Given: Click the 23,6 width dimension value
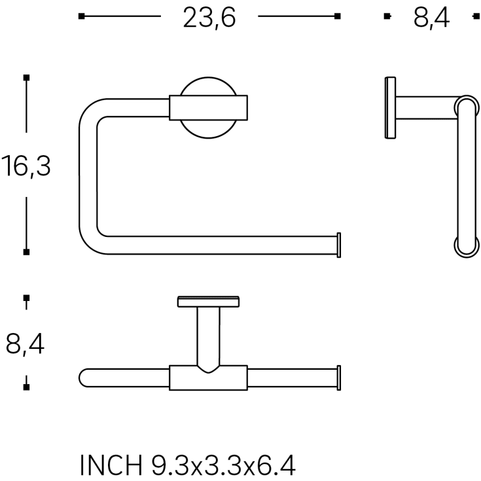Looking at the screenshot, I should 209,18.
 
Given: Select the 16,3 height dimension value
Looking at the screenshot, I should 26,166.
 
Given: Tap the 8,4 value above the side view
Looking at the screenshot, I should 431,18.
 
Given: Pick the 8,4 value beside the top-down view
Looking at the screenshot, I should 26,344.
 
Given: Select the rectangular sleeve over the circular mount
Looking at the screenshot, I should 209,108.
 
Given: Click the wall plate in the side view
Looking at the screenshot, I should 390,108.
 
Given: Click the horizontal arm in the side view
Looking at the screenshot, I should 425,108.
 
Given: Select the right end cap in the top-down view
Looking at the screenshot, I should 338,378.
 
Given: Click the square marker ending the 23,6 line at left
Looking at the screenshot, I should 81,16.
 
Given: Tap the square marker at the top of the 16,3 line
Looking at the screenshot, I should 26,79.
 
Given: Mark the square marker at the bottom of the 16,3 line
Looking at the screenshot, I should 26,251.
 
